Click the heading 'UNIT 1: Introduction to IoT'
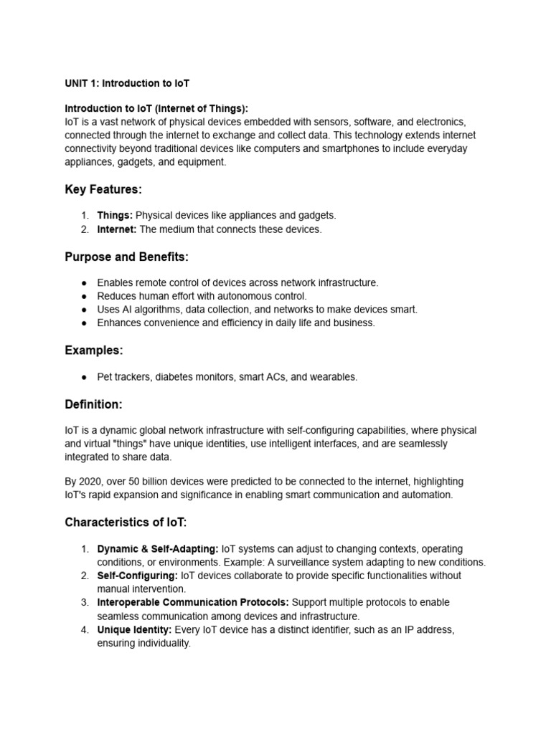127,83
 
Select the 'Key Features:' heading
103,189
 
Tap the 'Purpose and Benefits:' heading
126,257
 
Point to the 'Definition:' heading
93,404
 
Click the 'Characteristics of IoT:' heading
126,522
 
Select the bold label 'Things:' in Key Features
115,216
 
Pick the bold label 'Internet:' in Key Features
117,229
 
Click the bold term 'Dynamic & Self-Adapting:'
158,549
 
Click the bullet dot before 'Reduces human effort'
84,296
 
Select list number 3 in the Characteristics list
84,602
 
